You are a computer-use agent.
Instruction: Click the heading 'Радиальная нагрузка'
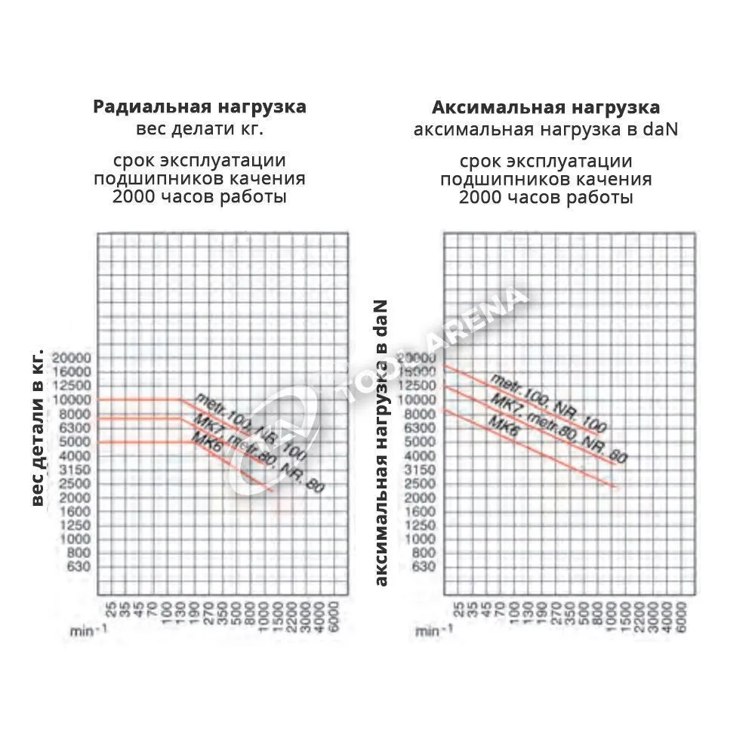tap(199, 106)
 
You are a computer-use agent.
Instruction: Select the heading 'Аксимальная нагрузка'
tap(546, 107)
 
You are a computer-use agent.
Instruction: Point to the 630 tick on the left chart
tap(79, 568)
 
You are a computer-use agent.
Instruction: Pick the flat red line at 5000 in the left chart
tap(143, 442)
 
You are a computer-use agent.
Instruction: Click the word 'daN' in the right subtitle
tap(661, 129)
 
